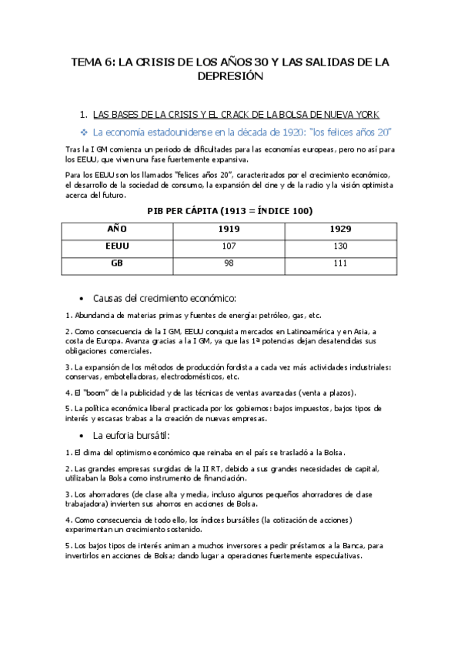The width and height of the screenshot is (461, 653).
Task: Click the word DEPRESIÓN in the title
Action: tap(230, 76)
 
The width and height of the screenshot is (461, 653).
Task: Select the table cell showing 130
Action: tap(338, 246)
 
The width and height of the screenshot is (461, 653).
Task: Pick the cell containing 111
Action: tap(338, 263)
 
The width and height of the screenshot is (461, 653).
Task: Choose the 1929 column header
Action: tap(338, 229)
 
